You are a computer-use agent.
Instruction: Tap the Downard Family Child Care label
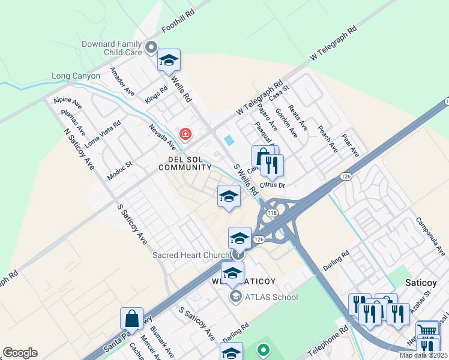113,48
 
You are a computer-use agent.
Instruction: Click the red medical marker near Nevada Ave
185,134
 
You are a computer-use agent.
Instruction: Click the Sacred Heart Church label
191,255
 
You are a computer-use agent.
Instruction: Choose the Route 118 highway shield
272,213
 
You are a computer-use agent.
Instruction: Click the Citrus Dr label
273,185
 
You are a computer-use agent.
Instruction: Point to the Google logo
20,353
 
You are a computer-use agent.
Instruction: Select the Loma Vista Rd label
103,134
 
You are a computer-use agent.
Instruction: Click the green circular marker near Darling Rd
262,349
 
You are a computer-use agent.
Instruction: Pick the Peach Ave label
329,138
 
